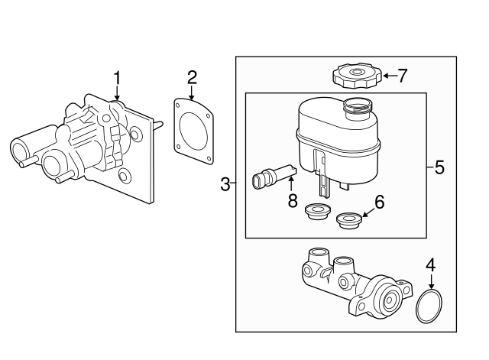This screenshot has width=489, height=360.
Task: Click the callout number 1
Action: click(117, 77)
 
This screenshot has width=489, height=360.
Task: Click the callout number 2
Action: click(192, 76)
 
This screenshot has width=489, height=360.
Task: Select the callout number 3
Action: click(225, 183)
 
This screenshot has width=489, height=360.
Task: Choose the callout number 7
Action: click(403, 75)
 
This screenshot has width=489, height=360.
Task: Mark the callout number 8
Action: click(291, 202)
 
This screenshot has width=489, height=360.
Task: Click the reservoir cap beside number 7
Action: click(355, 76)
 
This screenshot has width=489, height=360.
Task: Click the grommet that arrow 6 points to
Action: click(348, 221)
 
